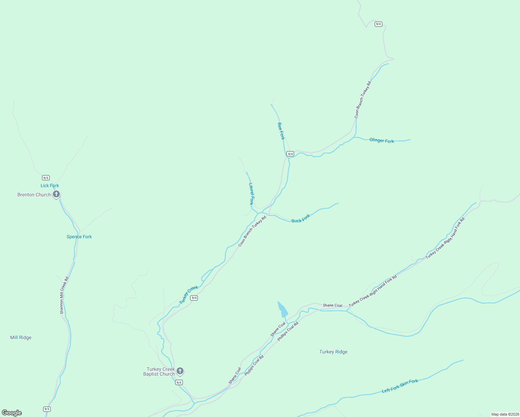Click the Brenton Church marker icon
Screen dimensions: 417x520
pyautogui.click(x=56, y=194)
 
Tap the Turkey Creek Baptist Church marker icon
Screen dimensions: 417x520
pyautogui.click(x=180, y=371)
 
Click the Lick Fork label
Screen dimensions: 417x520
pyautogui.click(x=50, y=186)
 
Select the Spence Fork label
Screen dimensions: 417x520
pyautogui.click(x=79, y=237)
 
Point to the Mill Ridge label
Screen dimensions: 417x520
pyautogui.click(x=21, y=337)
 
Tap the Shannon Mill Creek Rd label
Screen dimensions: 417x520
pyautogui.click(x=64, y=295)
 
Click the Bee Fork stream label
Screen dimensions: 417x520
pyautogui.click(x=281, y=131)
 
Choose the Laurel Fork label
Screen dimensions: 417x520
pyautogui.click(x=251, y=194)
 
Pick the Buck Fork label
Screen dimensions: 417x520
pyautogui.click(x=301, y=219)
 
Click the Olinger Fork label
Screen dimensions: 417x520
pyautogui.click(x=382, y=140)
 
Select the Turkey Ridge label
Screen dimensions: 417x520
pyautogui.click(x=333, y=352)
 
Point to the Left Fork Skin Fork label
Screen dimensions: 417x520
pyautogui.click(x=400, y=386)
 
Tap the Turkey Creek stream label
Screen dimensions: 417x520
pyautogui.click(x=189, y=295)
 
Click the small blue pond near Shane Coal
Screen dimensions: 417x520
pyautogui.click(x=283, y=310)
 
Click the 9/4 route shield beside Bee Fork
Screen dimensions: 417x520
pyautogui.click(x=290, y=154)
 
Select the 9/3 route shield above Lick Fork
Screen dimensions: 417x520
pyautogui.click(x=46, y=178)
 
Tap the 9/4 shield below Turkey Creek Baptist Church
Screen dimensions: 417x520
pyautogui.click(x=179, y=382)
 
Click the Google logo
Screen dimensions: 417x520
pyautogui.click(x=12, y=413)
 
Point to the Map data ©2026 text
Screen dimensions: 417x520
pyautogui.click(x=505, y=414)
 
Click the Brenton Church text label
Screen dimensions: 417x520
pyautogui.click(x=34, y=195)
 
